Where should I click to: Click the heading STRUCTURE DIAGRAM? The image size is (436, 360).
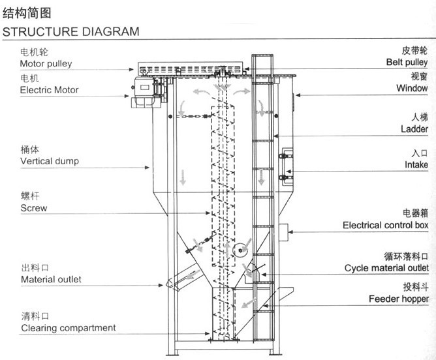(x=71, y=31)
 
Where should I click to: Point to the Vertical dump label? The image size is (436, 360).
(x=50, y=160)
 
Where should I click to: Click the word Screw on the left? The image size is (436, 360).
(x=33, y=208)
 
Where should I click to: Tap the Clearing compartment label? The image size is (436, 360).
(x=68, y=327)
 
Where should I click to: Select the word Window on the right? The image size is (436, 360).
(x=413, y=88)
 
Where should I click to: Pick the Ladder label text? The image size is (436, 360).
(x=414, y=129)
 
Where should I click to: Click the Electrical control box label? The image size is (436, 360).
(x=385, y=225)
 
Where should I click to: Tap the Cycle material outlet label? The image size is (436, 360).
(x=386, y=268)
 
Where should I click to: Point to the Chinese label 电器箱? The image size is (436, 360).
(x=415, y=213)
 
